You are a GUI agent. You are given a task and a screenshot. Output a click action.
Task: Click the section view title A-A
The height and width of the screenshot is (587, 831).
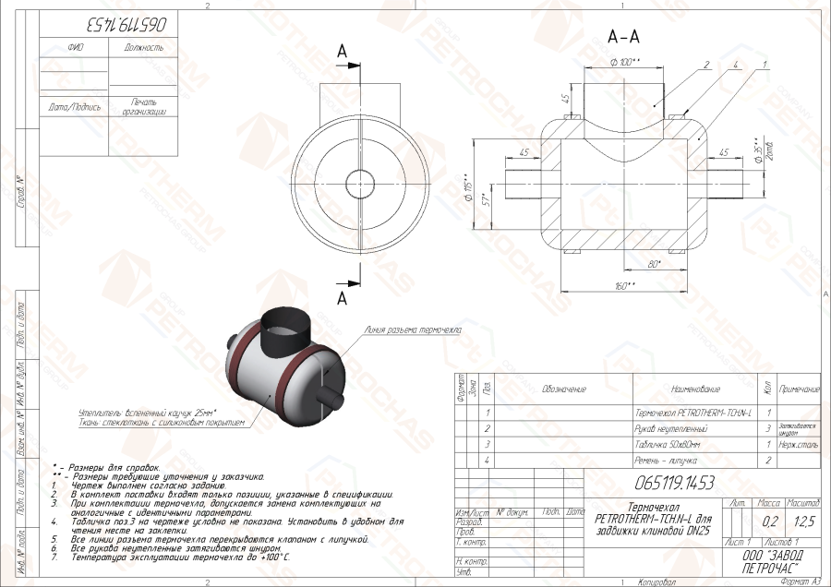click(625, 37)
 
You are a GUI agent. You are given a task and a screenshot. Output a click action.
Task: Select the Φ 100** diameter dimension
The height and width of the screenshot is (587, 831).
click(626, 62)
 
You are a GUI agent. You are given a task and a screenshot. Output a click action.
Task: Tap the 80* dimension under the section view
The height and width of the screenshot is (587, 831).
click(654, 266)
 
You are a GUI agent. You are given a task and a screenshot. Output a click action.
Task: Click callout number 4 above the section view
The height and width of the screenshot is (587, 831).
click(734, 66)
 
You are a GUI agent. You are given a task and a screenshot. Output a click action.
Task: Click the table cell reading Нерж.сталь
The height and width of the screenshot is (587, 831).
click(800, 444)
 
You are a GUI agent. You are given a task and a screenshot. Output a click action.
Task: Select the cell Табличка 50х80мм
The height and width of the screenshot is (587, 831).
click(669, 444)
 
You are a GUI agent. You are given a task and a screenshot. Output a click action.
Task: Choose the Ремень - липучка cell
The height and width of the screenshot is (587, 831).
click(667, 459)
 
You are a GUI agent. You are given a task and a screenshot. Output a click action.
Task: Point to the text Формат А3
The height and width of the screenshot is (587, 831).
click(800, 581)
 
